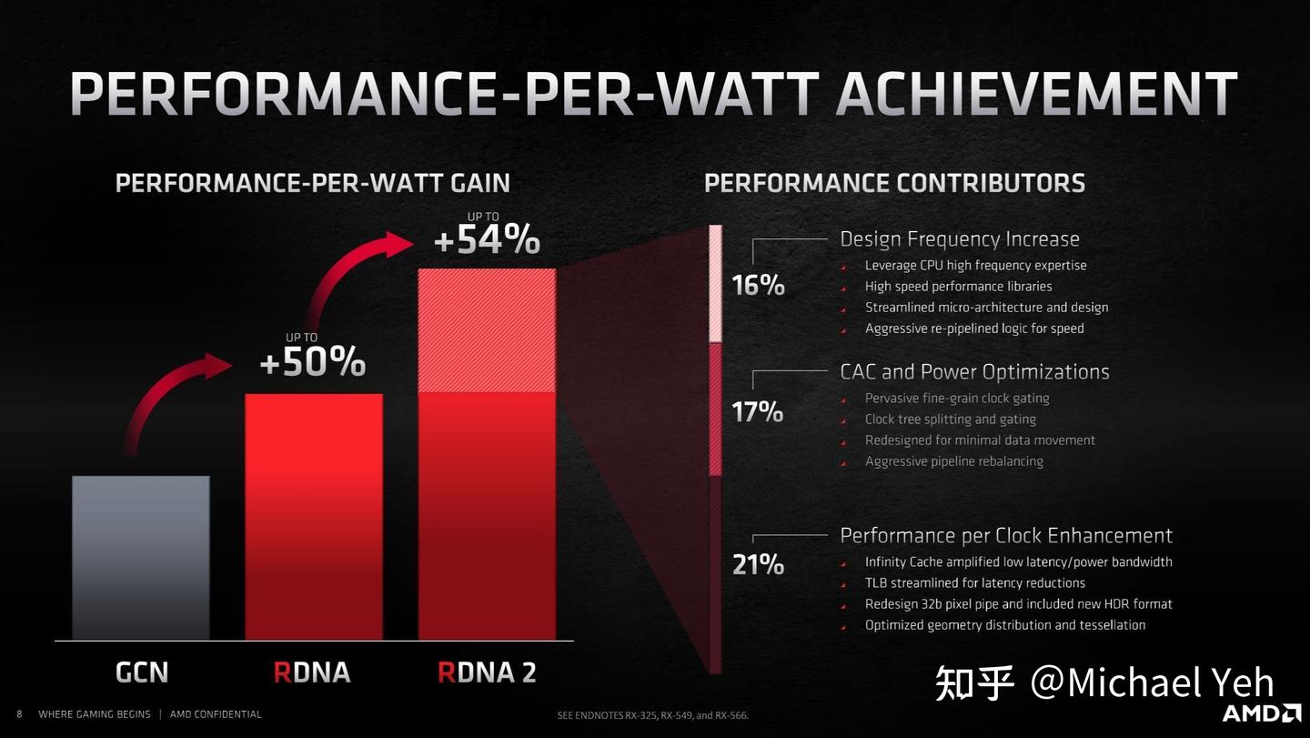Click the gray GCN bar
[141, 557]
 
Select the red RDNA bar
[314, 516]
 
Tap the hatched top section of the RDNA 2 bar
[487, 330]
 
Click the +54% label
[487, 240]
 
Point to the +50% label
[312, 362]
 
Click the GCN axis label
[142, 672]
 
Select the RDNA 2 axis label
[487, 672]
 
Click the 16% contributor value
[758, 286]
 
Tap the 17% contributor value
[758, 412]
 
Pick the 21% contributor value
[758, 565]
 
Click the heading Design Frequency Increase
[959, 239]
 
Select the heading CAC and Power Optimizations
[974, 371]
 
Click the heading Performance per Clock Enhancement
[1005, 535]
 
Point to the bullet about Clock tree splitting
[950, 420]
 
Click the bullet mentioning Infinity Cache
[1018, 562]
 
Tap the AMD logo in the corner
[1260, 713]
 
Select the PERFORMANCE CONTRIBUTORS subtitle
[894, 183]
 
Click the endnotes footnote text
[652, 716]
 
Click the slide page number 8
[19, 714]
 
